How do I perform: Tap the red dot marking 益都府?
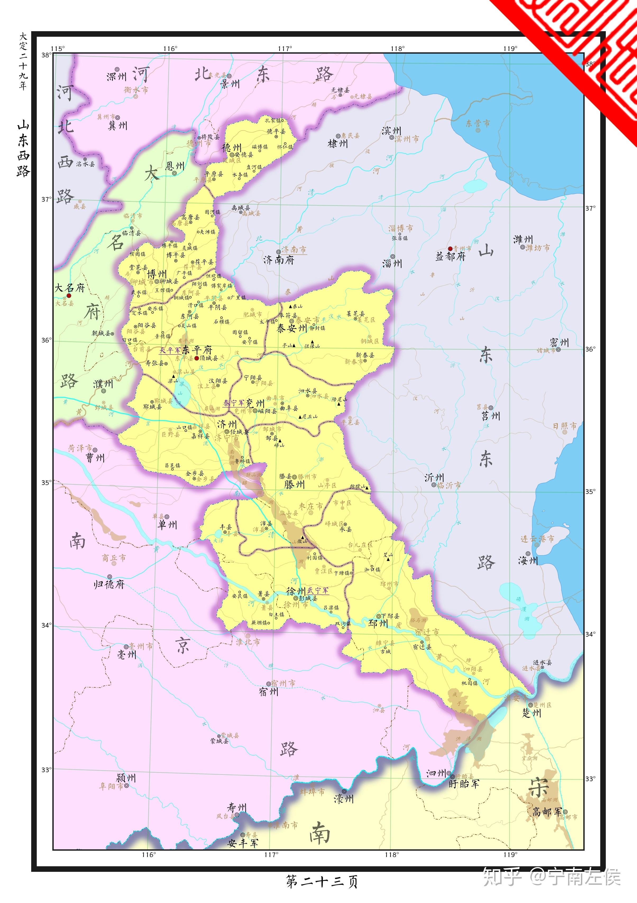[x=450, y=249]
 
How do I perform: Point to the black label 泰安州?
[x=291, y=328]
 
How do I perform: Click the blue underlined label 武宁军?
[x=318, y=590]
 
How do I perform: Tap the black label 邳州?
[x=378, y=624]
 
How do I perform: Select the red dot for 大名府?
[x=69, y=295]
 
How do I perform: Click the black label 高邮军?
[x=547, y=811]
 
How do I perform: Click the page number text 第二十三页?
[x=322, y=882]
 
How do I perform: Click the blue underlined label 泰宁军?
[x=233, y=403]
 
